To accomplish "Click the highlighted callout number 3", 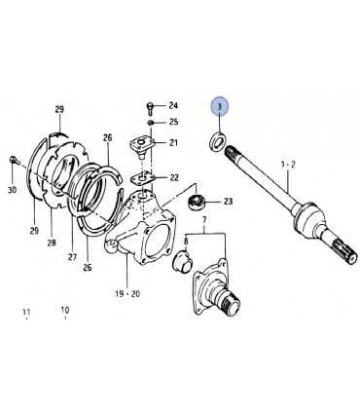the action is (x=220, y=106).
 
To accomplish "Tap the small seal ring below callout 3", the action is (x=217, y=141).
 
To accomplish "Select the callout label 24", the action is (x=173, y=105).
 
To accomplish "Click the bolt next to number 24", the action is (x=150, y=107).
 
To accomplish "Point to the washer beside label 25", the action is (x=150, y=123).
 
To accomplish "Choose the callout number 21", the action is (x=173, y=142).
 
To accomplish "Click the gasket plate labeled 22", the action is (x=142, y=178).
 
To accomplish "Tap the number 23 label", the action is (x=229, y=202).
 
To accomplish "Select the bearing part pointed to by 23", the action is (x=196, y=202).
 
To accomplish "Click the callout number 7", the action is (x=204, y=221).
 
